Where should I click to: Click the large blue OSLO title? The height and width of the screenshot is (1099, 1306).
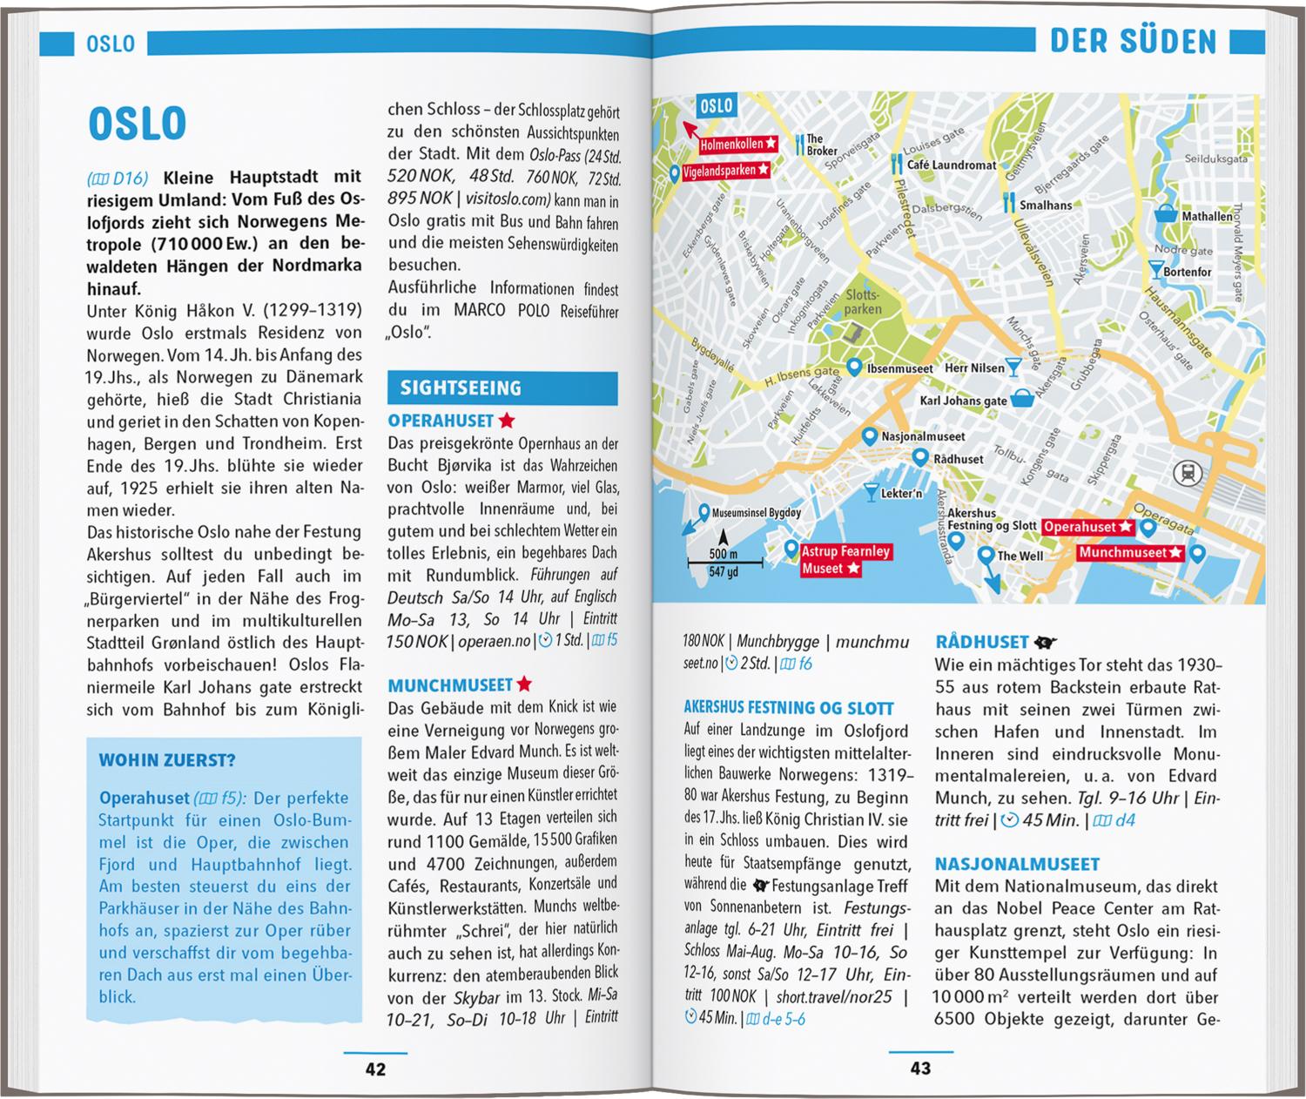(x=138, y=125)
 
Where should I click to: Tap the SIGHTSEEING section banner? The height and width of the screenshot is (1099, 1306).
(x=461, y=388)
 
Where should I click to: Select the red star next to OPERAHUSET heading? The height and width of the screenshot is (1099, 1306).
(x=507, y=421)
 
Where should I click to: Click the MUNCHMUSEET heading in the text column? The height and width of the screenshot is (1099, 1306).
(x=449, y=685)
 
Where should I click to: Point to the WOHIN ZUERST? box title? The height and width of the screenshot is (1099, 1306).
(x=167, y=760)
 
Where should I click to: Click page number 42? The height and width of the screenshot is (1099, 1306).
(x=375, y=1069)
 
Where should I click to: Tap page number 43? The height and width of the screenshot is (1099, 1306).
(x=920, y=1069)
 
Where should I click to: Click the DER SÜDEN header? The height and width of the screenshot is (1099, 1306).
(x=1133, y=42)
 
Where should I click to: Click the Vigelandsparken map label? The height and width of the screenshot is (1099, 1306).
(x=719, y=171)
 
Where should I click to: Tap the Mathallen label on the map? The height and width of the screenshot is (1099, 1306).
(x=1206, y=216)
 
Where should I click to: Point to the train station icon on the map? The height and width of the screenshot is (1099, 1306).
(x=1187, y=473)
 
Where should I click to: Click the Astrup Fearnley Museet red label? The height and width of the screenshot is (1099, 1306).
(x=845, y=560)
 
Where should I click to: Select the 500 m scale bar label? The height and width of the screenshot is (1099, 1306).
(x=723, y=555)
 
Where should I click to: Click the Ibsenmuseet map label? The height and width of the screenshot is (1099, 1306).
(x=899, y=368)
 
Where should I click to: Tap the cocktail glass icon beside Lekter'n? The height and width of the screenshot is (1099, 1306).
(x=871, y=493)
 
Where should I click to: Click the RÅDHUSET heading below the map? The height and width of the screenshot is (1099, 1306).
(x=982, y=643)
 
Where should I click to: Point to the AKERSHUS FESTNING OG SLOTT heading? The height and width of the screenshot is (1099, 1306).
(x=789, y=709)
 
